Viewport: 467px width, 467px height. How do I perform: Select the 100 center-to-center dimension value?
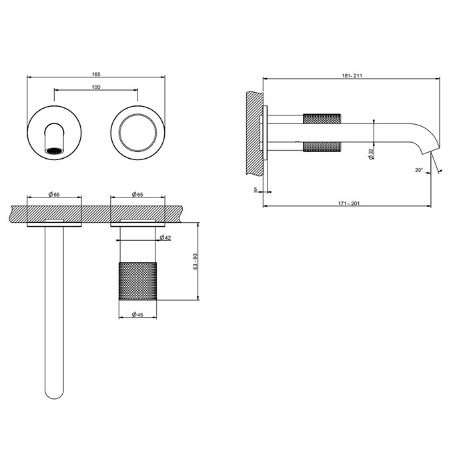pyautogui.click(x=96, y=87)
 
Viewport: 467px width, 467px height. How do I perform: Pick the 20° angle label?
pyautogui.click(x=418, y=171)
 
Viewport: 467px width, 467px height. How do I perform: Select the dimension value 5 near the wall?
pyautogui.click(x=257, y=189)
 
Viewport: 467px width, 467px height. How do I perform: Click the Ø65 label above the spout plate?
pyautogui.click(x=54, y=194)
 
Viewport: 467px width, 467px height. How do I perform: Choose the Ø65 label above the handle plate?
pyautogui.click(x=138, y=194)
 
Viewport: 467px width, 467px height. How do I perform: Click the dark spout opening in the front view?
pyautogui.click(x=54, y=151)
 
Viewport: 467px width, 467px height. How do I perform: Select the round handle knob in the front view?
pyautogui.click(x=137, y=130)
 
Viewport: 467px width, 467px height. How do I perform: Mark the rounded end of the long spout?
pyautogui.click(x=54, y=394)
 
